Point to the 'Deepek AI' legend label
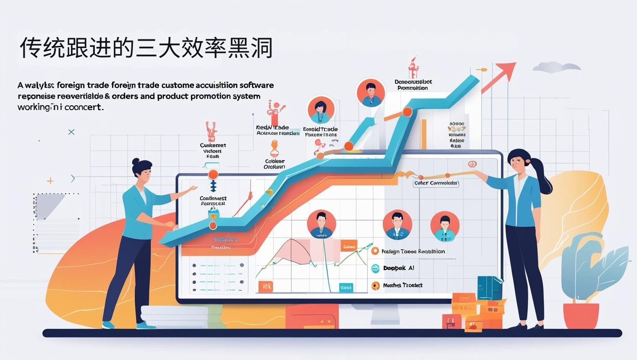click(399, 268)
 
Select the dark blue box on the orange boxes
click(489, 288)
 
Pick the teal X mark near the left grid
click(71, 132)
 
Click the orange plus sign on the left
click(51, 181)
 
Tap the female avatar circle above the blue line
click(321, 110)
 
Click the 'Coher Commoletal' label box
click(435, 183)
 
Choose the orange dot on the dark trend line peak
click(407, 112)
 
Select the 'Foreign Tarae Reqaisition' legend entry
click(413, 251)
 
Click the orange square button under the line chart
click(265, 286)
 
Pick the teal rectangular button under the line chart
click(346, 287)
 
